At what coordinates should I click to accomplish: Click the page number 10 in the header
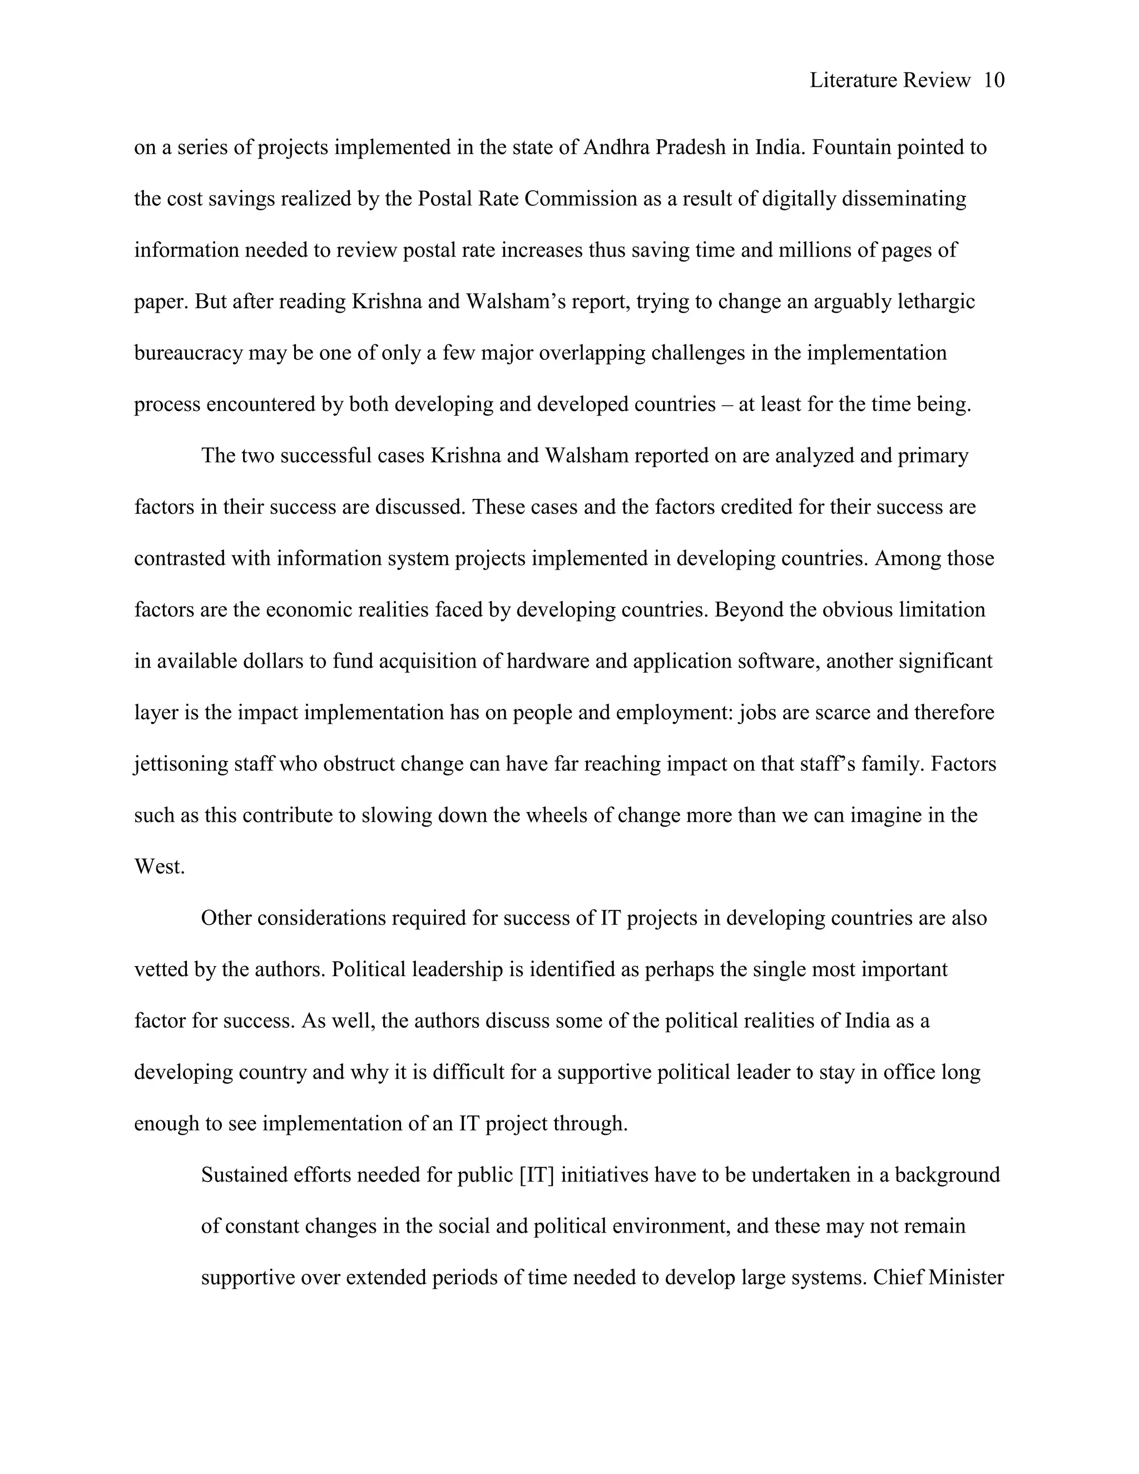(994, 80)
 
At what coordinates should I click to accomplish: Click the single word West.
(159, 867)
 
